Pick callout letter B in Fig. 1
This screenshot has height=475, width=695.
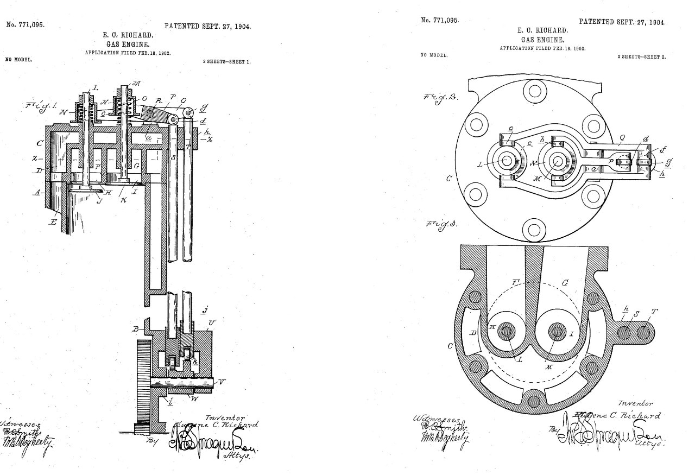(134, 328)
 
